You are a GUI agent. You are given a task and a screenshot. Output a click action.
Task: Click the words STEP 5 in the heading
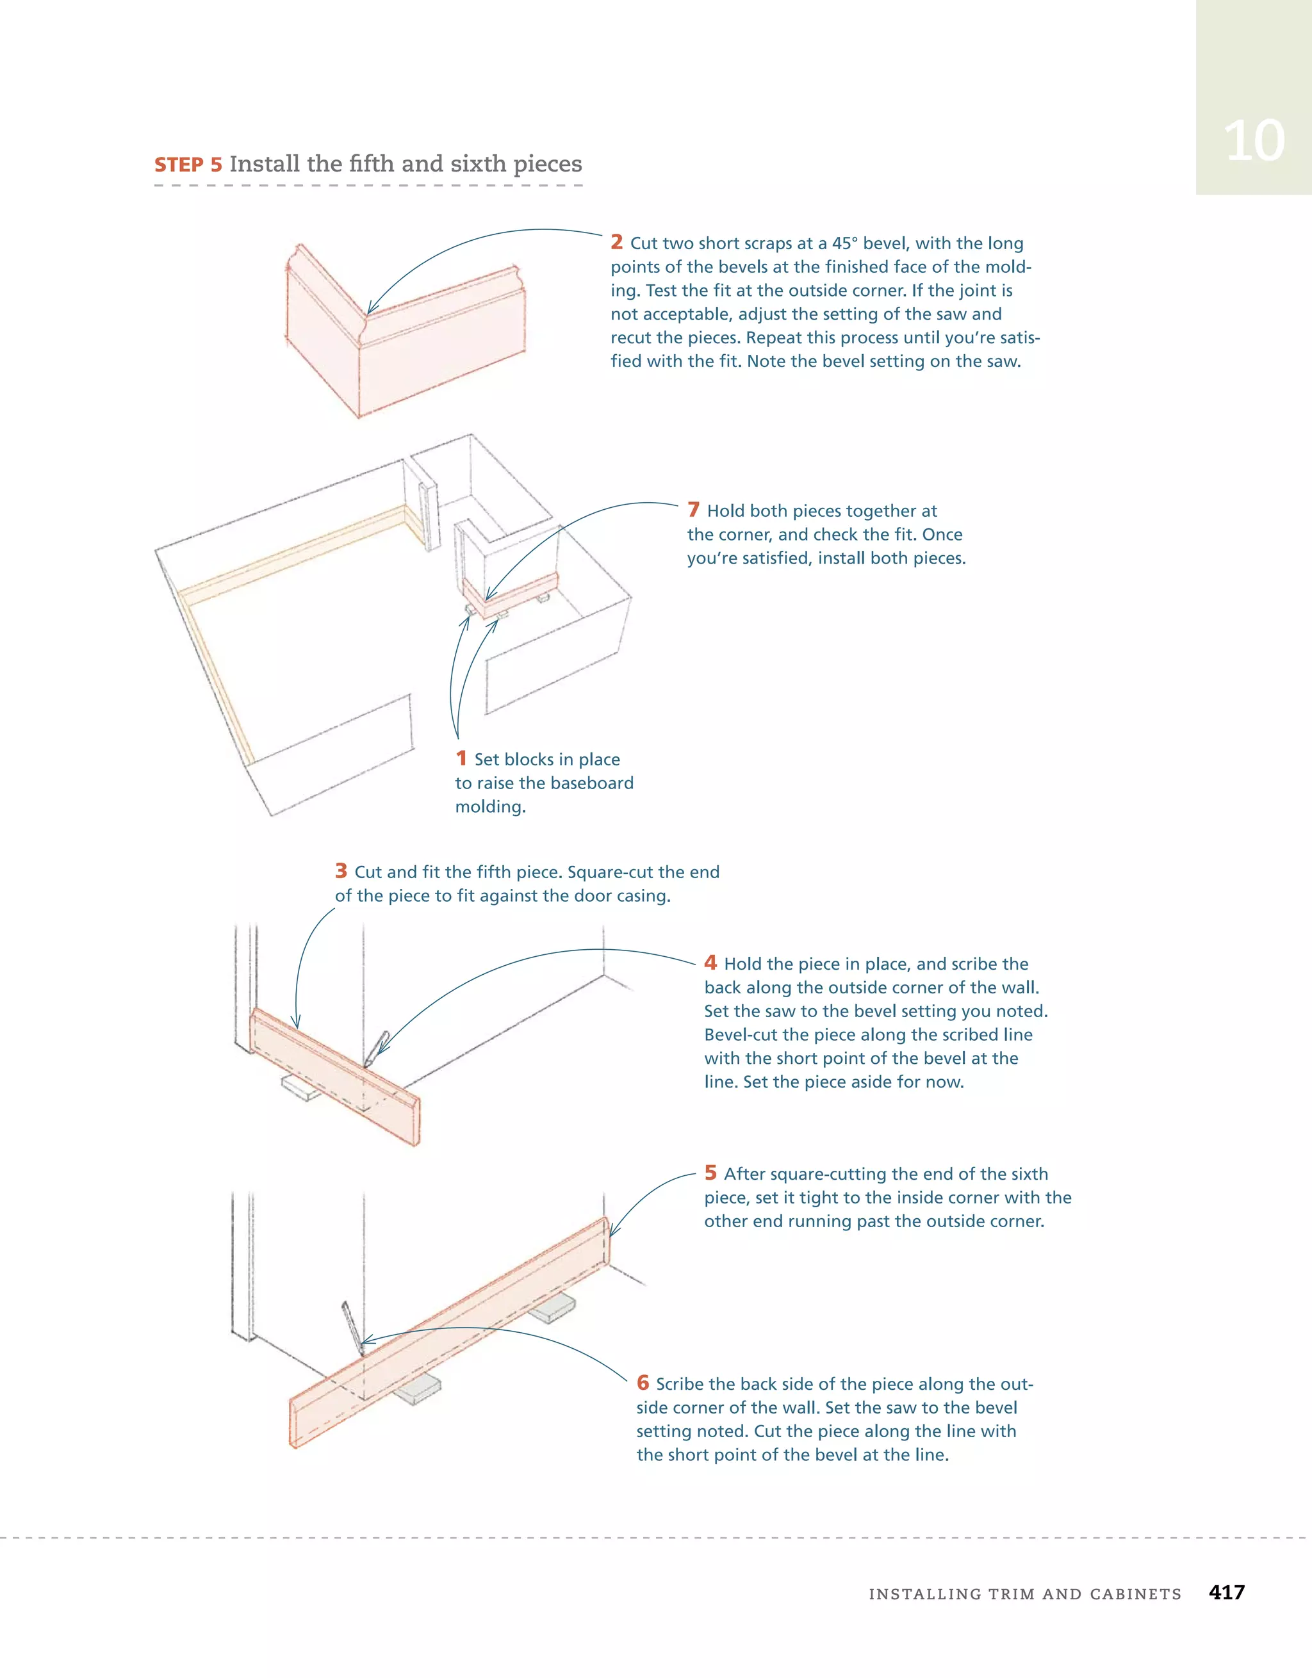click(188, 165)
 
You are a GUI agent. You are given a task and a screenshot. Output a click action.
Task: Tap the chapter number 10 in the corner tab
click(1254, 142)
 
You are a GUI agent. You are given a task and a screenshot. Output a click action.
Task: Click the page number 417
click(1227, 1592)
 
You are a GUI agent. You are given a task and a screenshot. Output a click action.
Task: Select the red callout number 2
click(616, 243)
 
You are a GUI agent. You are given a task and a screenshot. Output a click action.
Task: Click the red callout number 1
click(461, 758)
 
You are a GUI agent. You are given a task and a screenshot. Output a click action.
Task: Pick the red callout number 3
click(341, 871)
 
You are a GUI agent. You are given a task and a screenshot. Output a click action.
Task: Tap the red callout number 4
click(710, 963)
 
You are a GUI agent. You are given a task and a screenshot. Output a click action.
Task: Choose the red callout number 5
click(710, 1173)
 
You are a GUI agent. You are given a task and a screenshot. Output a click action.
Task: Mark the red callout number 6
click(643, 1383)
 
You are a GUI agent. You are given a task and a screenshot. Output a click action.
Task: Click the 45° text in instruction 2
click(842, 243)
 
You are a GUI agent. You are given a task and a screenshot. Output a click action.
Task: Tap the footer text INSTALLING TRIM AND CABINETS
click(1024, 1594)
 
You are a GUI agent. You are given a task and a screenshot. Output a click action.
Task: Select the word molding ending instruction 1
click(489, 807)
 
